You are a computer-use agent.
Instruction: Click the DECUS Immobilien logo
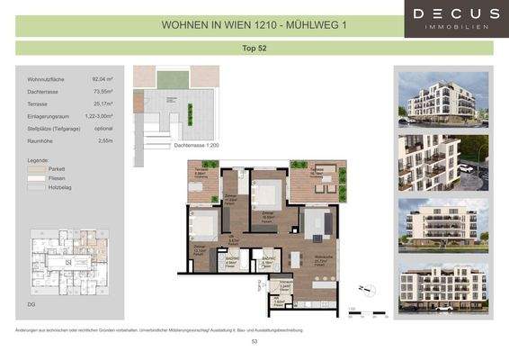(x=456, y=18)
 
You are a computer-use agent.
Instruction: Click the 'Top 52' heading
(x=254, y=48)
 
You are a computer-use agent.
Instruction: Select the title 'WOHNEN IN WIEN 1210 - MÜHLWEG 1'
(x=254, y=25)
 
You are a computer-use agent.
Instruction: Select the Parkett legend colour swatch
(x=36, y=168)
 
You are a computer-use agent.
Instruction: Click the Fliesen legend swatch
(x=36, y=178)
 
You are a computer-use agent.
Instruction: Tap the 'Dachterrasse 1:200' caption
(x=195, y=145)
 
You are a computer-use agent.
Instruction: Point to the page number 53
(x=254, y=342)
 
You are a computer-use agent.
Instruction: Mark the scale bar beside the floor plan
(x=366, y=313)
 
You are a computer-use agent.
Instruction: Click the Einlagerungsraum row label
(x=50, y=116)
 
